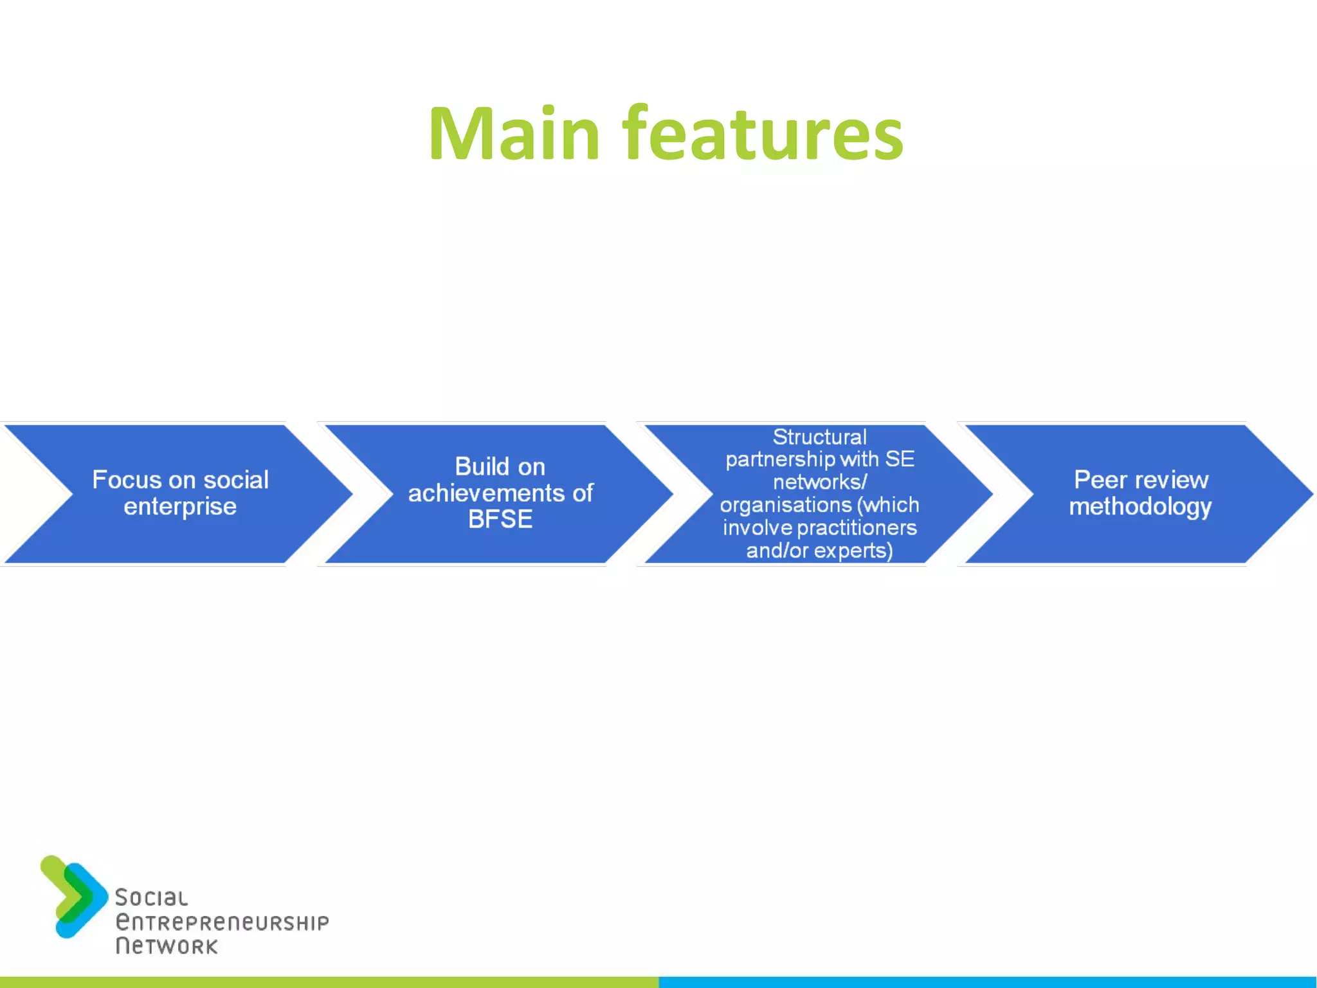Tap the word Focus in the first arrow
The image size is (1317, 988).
tap(125, 480)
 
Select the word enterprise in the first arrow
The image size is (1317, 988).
tap(180, 507)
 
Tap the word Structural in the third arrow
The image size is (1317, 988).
tap(819, 437)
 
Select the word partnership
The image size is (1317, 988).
tap(779, 460)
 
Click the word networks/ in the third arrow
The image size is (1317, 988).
tap(820, 482)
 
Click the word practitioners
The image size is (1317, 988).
tap(856, 528)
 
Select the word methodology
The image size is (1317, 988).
tap(1140, 507)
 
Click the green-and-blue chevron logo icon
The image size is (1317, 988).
tap(73, 896)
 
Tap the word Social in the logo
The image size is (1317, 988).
tap(152, 898)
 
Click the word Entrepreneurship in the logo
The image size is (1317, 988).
tap(222, 922)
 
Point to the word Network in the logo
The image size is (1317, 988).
tap(167, 946)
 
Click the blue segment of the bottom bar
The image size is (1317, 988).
tap(988, 982)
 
